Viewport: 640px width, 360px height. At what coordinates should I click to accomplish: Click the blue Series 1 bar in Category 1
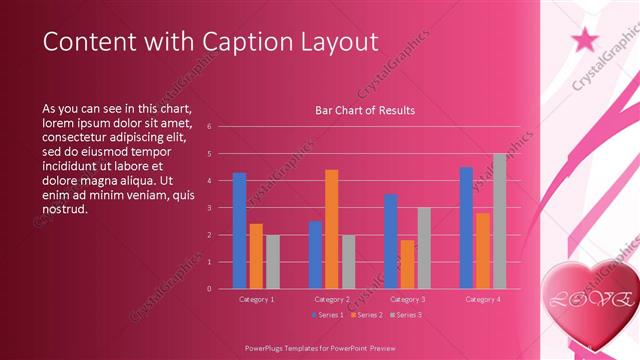(x=239, y=230)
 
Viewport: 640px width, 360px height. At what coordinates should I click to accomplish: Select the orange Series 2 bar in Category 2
(x=332, y=229)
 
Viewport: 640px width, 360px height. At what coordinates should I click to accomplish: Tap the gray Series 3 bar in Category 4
(x=499, y=221)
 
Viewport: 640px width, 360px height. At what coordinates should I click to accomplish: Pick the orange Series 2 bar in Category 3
(x=408, y=264)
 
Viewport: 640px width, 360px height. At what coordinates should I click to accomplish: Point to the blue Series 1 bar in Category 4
(x=466, y=227)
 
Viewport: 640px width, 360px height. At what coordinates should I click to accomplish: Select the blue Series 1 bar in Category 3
(x=391, y=241)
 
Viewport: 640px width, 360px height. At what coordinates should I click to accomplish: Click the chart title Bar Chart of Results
(x=365, y=110)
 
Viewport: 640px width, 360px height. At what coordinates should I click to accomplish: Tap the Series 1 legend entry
(x=327, y=315)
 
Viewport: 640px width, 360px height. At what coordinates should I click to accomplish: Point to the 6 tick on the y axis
(x=209, y=127)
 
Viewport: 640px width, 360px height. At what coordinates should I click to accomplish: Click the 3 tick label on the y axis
(x=209, y=208)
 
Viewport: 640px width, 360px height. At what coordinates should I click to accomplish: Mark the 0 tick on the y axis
(x=209, y=289)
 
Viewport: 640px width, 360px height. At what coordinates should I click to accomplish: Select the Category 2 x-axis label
(x=332, y=299)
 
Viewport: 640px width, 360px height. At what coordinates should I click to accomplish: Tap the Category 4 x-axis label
(x=483, y=299)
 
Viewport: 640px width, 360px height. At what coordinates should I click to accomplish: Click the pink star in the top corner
(x=585, y=39)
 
